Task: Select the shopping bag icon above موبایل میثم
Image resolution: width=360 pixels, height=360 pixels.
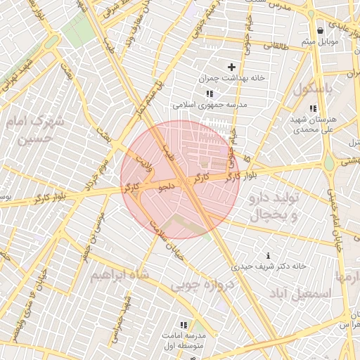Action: tap(320, 30)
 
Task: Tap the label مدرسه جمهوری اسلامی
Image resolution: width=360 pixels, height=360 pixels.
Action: tap(209, 105)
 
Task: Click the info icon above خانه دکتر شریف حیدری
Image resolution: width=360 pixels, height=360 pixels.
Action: tap(268, 255)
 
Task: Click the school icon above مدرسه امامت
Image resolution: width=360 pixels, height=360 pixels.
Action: tap(184, 325)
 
